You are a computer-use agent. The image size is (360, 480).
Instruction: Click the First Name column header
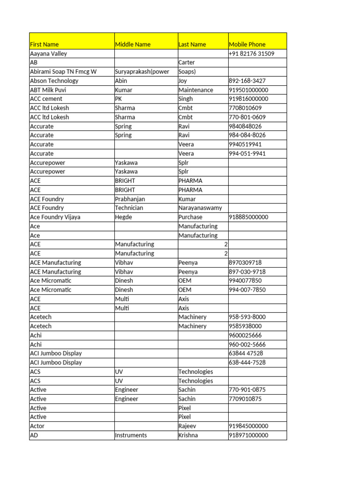coord(45,45)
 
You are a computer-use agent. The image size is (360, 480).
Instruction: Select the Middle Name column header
coord(133,45)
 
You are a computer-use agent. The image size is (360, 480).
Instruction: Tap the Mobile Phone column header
coord(247,45)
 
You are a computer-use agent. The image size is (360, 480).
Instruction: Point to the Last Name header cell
coord(192,45)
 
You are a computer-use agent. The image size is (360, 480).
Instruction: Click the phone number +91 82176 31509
coord(251,53)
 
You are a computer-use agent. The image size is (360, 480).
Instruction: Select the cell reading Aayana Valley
coord(49,53)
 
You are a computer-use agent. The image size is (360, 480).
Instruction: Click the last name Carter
coord(187,62)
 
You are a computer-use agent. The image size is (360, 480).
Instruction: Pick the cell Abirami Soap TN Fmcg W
coord(63,72)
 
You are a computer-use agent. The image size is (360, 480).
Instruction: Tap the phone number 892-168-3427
coord(247,81)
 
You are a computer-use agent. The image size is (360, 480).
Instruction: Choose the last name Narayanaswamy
coord(200,208)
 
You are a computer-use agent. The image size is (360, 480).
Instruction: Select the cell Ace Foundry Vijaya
coord(55,217)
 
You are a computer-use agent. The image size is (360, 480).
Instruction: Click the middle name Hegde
coord(124,217)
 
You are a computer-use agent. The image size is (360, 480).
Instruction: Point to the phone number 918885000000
coord(248,217)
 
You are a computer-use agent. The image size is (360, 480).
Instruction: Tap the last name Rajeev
coord(187,426)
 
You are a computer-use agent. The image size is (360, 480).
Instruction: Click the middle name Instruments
coord(131,435)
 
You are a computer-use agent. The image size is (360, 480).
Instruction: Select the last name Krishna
coord(188,435)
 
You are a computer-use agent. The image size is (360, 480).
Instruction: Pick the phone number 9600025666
coord(245,335)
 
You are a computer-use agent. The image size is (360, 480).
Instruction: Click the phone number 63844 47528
coord(246,353)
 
